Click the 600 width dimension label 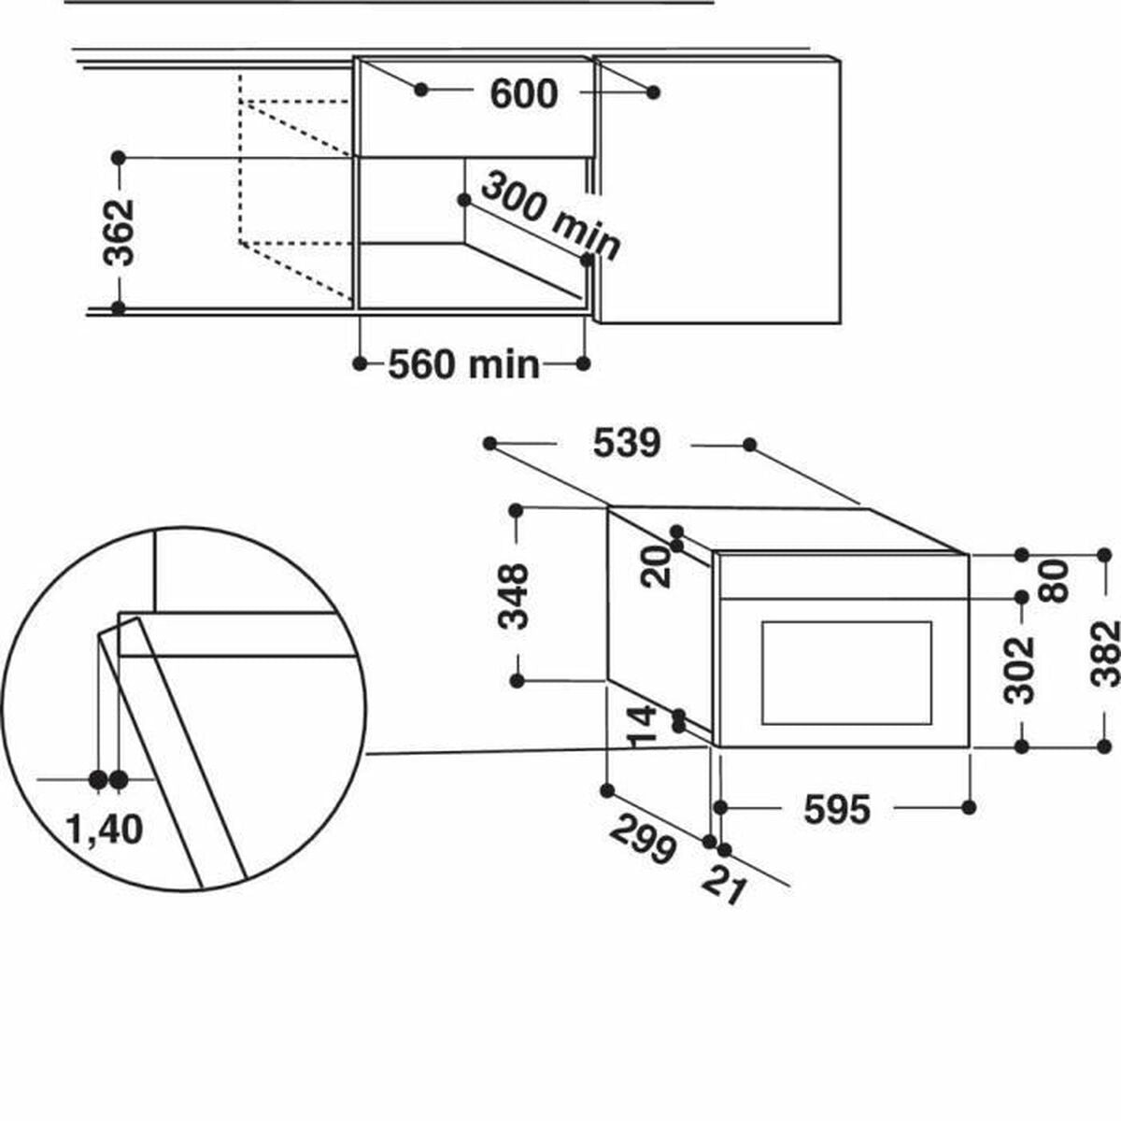tap(523, 93)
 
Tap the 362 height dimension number tap(119, 233)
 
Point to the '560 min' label tap(463, 364)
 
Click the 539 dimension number tap(627, 444)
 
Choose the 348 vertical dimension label tap(513, 596)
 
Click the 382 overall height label tap(1105, 654)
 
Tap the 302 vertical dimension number tap(1019, 670)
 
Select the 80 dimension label tap(1054, 580)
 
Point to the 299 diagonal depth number tap(643, 840)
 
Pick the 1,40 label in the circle tap(105, 830)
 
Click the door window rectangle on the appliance tap(846, 673)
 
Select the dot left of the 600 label tap(421, 90)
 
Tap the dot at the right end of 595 tap(969, 807)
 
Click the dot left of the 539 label tap(490, 444)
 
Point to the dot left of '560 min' tap(360, 364)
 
